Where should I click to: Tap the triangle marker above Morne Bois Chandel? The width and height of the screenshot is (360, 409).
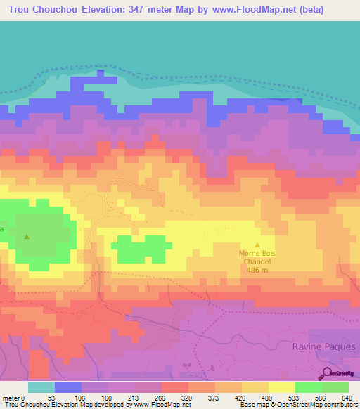pyautogui.click(x=257, y=245)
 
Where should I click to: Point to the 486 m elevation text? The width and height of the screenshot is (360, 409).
pyautogui.click(x=257, y=271)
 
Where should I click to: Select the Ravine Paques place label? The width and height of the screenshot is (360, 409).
pyautogui.click(x=320, y=346)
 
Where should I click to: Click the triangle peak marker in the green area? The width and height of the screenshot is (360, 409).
pyautogui.click(x=27, y=236)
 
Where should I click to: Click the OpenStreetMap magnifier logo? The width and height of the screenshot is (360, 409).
pyautogui.click(x=328, y=373)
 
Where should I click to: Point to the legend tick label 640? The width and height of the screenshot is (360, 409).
pyautogui.click(x=345, y=397)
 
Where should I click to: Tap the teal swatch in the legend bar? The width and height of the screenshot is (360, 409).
pyautogui.click(x=41, y=387)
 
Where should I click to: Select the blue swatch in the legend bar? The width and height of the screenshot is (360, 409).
pyautogui.click(x=68, y=387)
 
